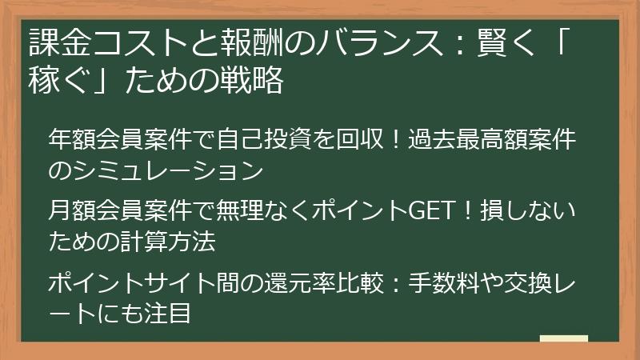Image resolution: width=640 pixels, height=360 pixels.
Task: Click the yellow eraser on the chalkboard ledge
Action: click(564, 339)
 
